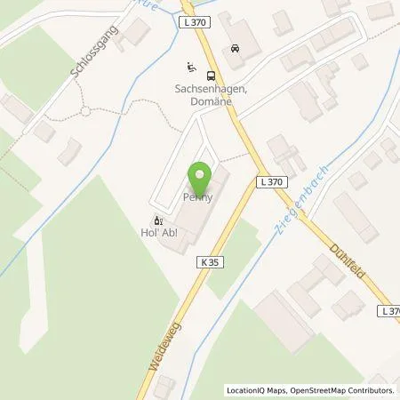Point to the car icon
(x=235, y=48)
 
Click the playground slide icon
(x=189, y=67)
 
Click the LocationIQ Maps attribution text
(x=255, y=390)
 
